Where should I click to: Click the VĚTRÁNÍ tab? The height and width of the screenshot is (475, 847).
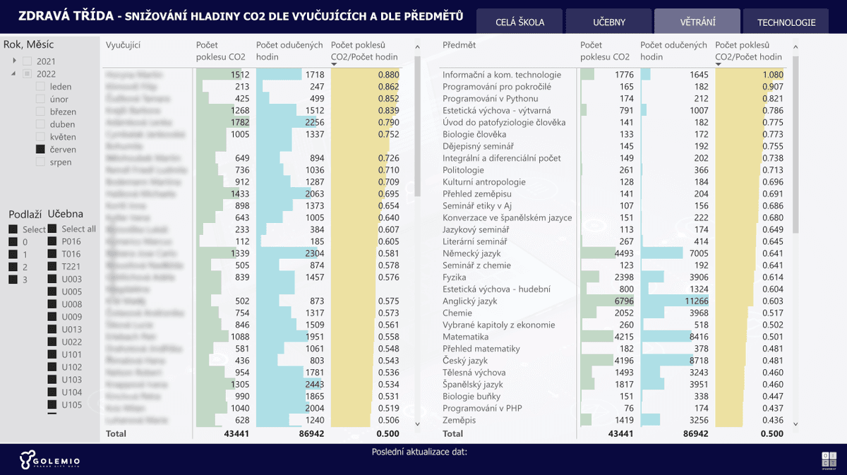pyautogui.click(x=697, y=22)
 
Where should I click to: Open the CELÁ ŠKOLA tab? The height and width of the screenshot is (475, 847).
pyautogui.click(x=520, y=22)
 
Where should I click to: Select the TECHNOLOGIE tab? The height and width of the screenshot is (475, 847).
pyautogui.click(x=786, y=22)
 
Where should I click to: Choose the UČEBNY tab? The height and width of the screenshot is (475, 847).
pyautogui.click(x=608, y=22)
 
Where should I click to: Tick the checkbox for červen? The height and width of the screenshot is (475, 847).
pyautogui.click(x=40, y=150)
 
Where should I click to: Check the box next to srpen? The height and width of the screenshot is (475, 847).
pyautogui.click(x=40, y=162)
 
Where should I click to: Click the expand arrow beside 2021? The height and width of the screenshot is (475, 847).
pyautogui.click(x=14, y=61)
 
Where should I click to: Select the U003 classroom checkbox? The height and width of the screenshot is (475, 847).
pyautogui.click(x=52, y=279)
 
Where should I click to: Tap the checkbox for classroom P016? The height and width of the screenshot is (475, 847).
pyautogui.click(x=52, y=241)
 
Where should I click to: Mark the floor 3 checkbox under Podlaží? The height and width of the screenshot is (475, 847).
pyautogui.click(x=13, y=279)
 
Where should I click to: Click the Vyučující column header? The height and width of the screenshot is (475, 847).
pyautogui.click(x=124, y=45)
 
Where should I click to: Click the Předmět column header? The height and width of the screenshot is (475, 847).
pyautogui.click(x=459, y=45)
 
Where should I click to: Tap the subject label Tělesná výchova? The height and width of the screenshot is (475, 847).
pyautogui.click(x=474, y=373)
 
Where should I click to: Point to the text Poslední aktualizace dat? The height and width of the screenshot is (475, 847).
pyautogui.click(x=419, y=452)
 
